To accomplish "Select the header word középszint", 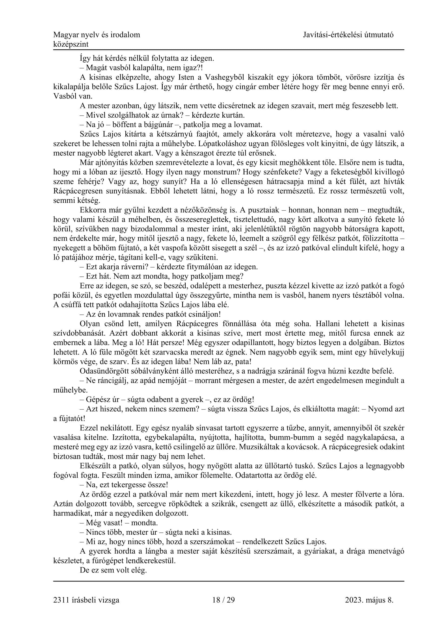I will (x=71, y=44).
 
